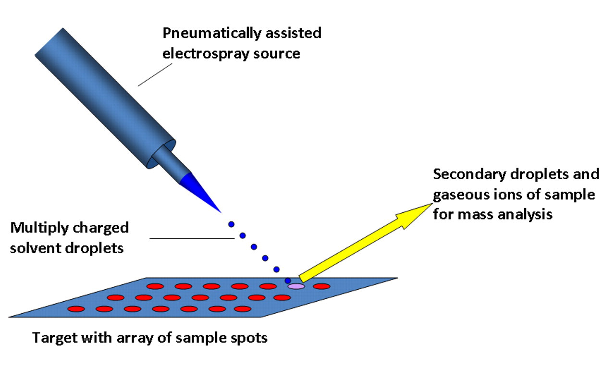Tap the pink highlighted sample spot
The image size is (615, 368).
coord(296,286)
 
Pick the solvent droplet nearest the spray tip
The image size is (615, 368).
coord(231,224)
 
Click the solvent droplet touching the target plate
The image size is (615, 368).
coord(288,281)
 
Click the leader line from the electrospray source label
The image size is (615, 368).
coord(155,74)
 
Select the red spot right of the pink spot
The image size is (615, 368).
coord(321,286)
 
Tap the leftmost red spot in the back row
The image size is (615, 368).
coord(155,286)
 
